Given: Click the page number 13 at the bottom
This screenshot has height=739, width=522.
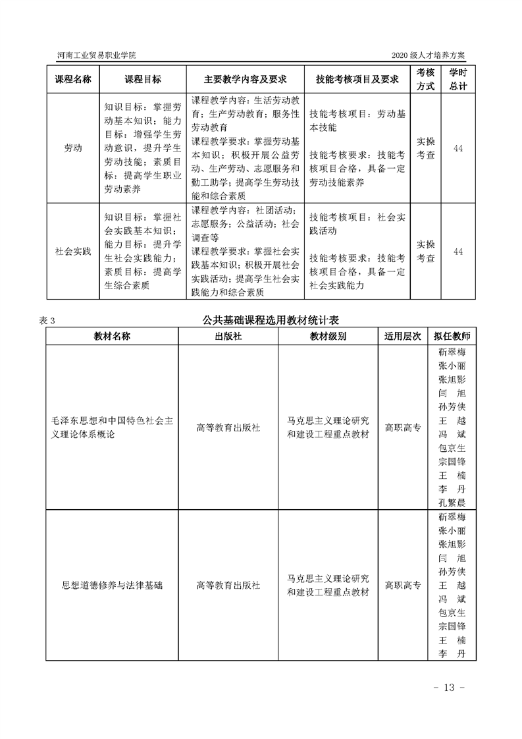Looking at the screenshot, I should (x=450, y=688).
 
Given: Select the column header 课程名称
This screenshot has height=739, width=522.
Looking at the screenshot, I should (x=72, y=79).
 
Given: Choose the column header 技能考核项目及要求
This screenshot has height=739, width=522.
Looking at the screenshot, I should (x=357, y=79).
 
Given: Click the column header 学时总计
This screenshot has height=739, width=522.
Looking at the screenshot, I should (x=458, y=79).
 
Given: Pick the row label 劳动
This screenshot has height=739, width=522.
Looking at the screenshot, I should (x=72, y=148).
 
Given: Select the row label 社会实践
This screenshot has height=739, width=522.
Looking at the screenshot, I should (x=72, y=252).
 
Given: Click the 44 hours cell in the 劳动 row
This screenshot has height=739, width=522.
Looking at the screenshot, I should (x=458, y=148).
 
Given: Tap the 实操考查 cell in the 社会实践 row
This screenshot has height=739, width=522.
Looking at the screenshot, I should (x=426, y=252).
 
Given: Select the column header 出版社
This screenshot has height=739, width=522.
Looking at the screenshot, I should (x=228, y=336).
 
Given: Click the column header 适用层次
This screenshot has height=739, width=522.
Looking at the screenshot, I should (x=402, y=336).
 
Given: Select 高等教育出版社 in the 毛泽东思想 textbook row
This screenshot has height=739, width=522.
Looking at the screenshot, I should (x=228, y=427).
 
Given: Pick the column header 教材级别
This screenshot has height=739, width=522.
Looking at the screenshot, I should (x=328, y=336).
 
